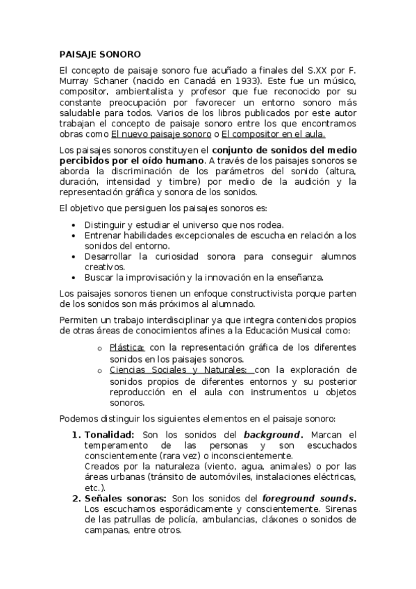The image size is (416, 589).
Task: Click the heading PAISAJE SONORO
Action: coord(99,53)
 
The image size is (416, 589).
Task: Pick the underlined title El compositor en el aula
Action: coord(273,133)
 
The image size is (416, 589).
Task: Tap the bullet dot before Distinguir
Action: coord(74,225)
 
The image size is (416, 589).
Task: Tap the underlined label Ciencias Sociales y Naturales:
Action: coord(178,370)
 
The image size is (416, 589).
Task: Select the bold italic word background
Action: coord(271,435)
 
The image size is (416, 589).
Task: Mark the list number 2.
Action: coord(76,499)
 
